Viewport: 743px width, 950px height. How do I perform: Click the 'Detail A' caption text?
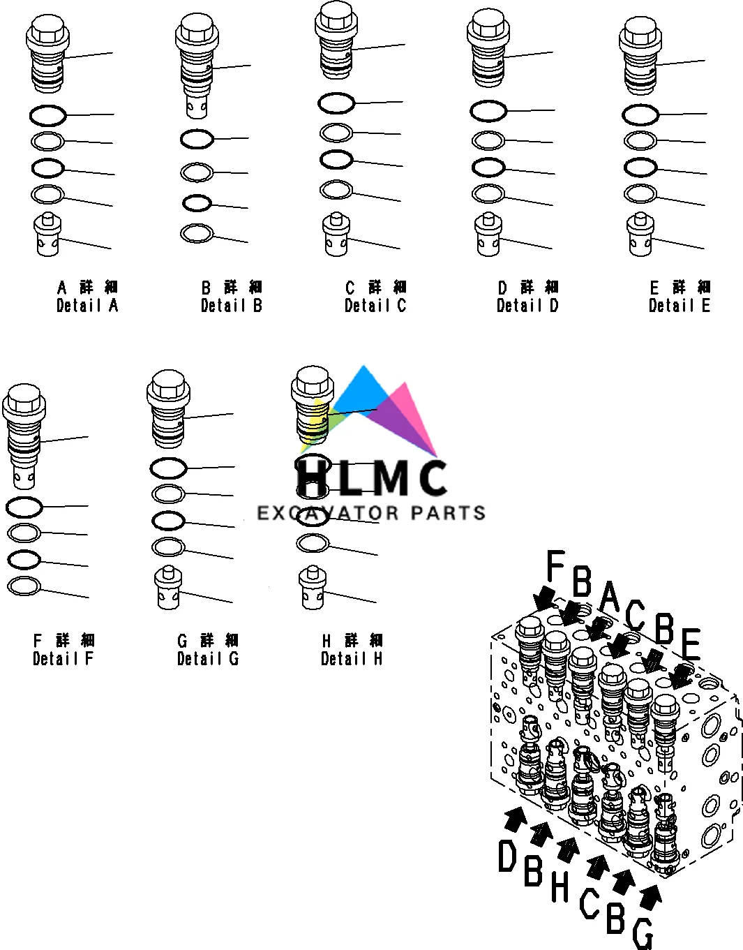point(87,305)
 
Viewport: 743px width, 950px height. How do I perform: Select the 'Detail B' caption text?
point(232,305)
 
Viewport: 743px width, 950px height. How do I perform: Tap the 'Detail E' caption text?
point(680,305)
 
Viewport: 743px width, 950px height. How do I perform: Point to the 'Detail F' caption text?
point(63,658)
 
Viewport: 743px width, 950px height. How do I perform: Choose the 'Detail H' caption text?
point(352,658)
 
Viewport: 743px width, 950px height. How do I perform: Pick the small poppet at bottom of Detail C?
point(336,235)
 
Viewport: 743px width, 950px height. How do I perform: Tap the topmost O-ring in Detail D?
point(488,111)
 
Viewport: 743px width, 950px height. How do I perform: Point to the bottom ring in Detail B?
point(197,233)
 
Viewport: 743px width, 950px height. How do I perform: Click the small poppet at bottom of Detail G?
point(169,588)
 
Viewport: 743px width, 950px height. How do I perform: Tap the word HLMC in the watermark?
point(371,477)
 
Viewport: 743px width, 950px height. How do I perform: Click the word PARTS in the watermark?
point(448,514)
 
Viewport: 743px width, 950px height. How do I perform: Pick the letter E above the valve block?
point(690,645)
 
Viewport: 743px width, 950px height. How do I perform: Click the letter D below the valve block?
point(507,856)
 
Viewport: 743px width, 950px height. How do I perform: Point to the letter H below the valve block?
point(560,886)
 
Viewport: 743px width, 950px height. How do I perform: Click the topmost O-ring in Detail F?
point(24,507)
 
